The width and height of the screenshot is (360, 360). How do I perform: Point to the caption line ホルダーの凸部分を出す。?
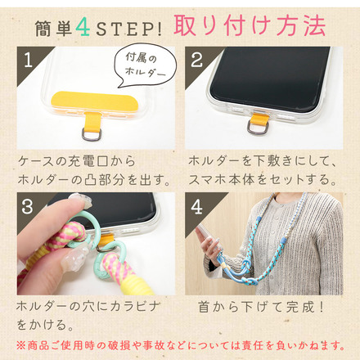94,178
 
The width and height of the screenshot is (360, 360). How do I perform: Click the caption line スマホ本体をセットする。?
260,178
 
